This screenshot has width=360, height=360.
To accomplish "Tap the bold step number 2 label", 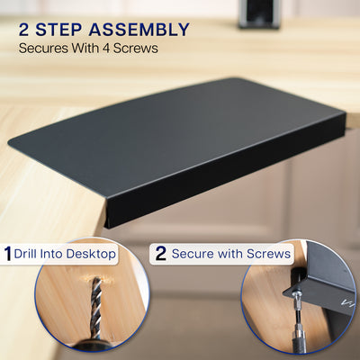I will point(160,254).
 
